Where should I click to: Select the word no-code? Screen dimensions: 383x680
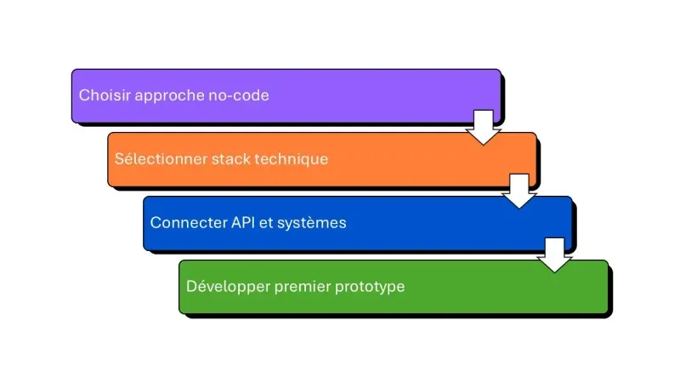tap(239, 95)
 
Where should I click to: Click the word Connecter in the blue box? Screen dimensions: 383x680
tap(185, 223)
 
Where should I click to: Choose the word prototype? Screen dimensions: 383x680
tap(370, 287)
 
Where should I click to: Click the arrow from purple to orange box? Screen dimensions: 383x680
tap(483, 127)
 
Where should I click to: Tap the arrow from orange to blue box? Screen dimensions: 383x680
tap(518, 191)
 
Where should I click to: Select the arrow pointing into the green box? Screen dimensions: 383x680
tap(555, 254)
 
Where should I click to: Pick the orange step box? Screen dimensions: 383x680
tap(416, 159)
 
